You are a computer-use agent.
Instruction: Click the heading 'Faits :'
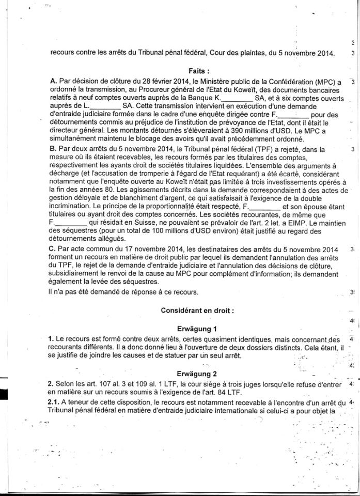point(199,71)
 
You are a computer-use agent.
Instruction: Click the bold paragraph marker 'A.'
point(53,82)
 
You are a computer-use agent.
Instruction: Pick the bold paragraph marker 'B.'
point(53,150)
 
